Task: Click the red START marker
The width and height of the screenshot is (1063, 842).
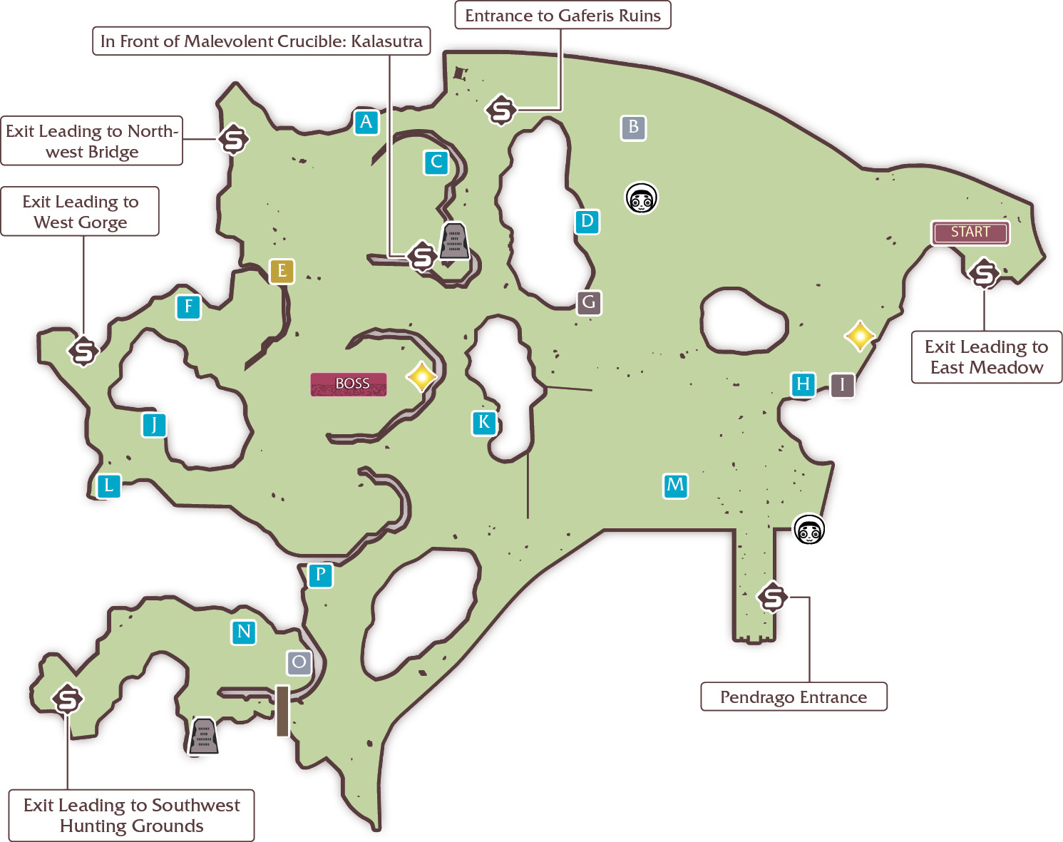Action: pos(970,232)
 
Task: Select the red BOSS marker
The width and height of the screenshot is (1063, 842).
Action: pos(348,384)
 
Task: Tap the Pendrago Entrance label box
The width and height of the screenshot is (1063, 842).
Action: pos(794,697)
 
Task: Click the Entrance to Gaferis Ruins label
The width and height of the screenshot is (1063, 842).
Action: pos(563,15)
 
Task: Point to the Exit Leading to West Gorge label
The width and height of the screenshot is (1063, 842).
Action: pos(80,212)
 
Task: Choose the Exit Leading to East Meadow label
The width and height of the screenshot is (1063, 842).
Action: pos(987,356)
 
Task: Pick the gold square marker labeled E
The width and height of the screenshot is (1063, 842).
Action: pos(282,271)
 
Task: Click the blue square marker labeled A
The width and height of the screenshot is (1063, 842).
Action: pos(366,122)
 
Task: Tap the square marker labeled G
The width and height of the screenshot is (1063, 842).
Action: pos(590,302)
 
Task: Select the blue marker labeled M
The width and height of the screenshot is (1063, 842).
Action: pos(675,486)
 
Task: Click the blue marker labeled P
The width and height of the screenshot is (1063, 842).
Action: pos(321,575)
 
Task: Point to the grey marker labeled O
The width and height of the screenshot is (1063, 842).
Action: pos(299,662)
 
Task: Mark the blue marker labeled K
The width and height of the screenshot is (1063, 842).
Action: pos(484,423)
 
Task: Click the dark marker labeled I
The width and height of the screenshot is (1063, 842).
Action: pos(843,385)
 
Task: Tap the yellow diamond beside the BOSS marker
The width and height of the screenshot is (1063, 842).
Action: pos(421,376)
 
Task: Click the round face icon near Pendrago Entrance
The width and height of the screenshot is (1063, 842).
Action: pos(808,529)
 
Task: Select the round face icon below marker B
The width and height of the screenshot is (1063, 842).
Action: pos(641,198)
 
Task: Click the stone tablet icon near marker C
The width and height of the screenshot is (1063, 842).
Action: pos(454,241)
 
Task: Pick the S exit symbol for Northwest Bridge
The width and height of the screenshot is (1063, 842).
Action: pos(234,140)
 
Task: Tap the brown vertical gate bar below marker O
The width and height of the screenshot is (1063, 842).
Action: pos(282,711)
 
